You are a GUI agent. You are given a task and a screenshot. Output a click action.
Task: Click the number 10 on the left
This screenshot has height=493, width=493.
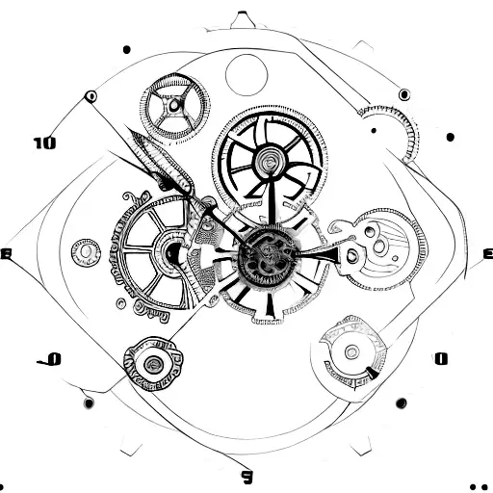point(44,143)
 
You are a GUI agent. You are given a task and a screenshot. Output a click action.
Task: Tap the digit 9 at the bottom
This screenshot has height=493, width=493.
point(246,475)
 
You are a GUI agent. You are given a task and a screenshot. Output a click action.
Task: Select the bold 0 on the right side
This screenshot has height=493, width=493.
point(441,359)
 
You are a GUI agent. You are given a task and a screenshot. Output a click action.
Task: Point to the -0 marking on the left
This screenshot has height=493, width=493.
point(50,359)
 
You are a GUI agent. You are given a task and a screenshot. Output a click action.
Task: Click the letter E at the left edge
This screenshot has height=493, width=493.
point(6,254)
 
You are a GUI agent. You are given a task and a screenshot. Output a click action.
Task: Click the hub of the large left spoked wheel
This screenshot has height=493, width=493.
point(170,252)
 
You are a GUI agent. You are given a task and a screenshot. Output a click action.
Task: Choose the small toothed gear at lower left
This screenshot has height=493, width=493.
point(151,363)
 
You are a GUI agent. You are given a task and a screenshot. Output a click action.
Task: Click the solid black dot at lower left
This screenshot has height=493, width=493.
point(89,402)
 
